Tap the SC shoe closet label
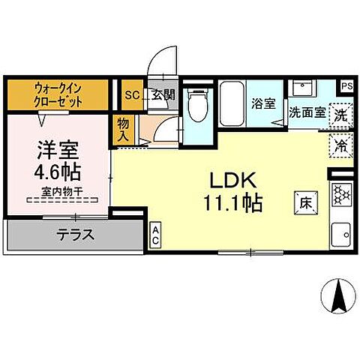point(131,94)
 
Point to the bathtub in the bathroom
point(232,106)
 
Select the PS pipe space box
point(346,85)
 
